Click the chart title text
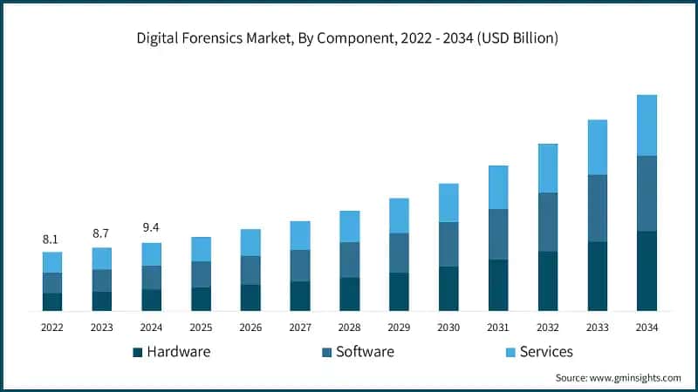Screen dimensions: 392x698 click(x=349, y=38)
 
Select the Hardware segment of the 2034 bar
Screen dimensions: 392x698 click(x=647, y=271)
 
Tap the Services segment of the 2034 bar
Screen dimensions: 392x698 click(x=647, y=125)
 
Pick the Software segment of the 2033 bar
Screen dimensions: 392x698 click(x=597, y=208)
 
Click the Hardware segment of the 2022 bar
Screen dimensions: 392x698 click(x=52, y=301)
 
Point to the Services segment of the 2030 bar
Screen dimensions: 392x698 click(x=448, y=202)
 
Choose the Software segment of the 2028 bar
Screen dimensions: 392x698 click(x=349, y=260)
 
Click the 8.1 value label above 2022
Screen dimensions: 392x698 click(x=51, y=239)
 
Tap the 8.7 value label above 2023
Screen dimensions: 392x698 click(x=101, y=234)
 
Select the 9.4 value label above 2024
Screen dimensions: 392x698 click(x=151, y=228)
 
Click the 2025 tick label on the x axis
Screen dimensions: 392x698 click(x=201, y=328)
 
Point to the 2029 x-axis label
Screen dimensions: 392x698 click(x=399, y=328)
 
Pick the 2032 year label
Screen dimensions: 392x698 click(x=548, y=328)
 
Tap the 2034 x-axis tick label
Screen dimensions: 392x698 click(x=647, y=328)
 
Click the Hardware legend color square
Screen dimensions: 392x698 click(x=137, y=353)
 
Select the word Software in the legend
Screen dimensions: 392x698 click(x=365, y=352)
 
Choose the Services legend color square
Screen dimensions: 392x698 click(x=510, y=353)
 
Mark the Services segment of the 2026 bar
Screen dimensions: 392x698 click(x=250, y=242)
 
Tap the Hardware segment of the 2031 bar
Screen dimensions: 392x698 click(x=498, y=285)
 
